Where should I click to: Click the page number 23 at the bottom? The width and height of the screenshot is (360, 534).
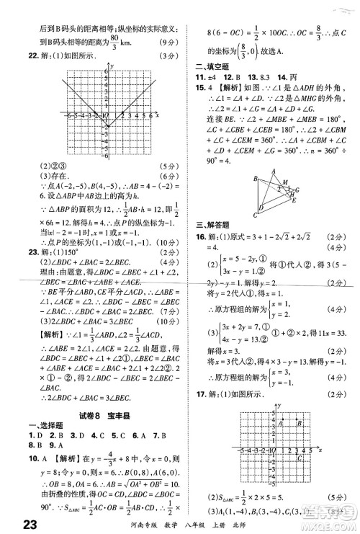tap(14, 520)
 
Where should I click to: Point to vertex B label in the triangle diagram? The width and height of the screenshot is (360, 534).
tap(254, 178)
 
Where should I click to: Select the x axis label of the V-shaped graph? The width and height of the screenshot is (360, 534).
tap(157, 115)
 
